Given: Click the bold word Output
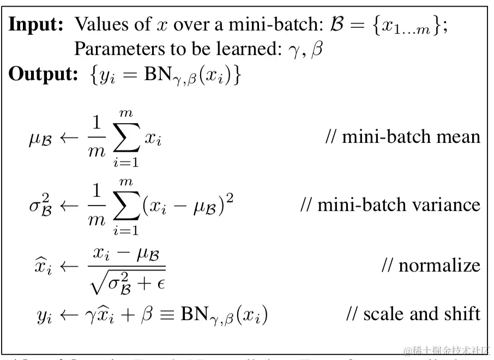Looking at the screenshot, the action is [44, 75].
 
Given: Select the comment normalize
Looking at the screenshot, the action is [431, 265].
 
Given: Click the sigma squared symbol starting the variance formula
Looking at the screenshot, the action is [40, 205].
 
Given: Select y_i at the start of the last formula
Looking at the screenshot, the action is [44, 316].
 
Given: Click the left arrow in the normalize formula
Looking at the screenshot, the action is [69, 266].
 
